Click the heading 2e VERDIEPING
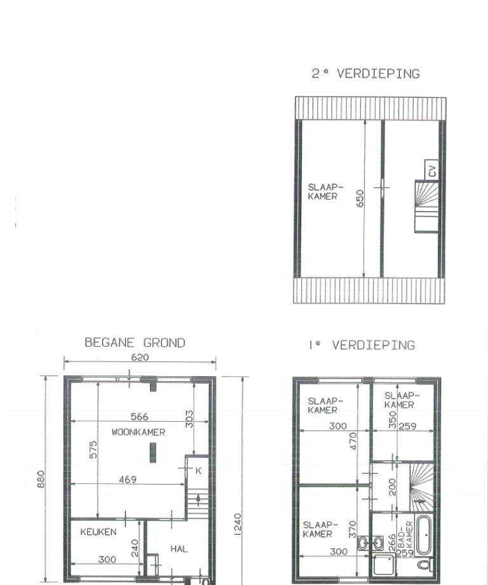click(365, 74)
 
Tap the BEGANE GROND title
click(135, 343)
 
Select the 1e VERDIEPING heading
click(361, 346)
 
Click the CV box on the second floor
click(432, 170)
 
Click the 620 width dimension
click(140, 358)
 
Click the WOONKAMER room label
click(139, 433)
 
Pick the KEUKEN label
click(98, 532)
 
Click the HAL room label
click(179, 548)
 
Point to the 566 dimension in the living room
click(140, 417)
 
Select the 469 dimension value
click(128, 480)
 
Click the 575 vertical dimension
click(93, 452)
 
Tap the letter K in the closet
click(198, 471)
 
